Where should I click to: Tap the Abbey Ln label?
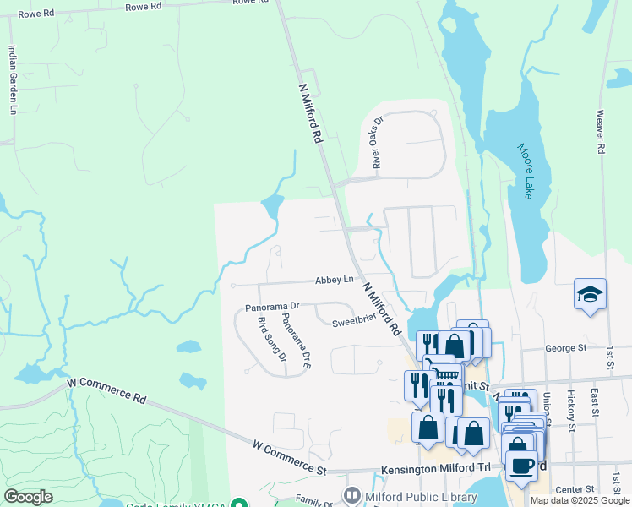point(333,280)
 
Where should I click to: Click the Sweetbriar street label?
point(353,322)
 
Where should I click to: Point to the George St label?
point(565,348)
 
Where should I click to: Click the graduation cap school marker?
point(590,294)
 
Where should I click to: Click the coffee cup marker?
point(520,466)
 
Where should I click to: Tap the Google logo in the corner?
point(28,497)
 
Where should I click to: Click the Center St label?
point(575,489)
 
